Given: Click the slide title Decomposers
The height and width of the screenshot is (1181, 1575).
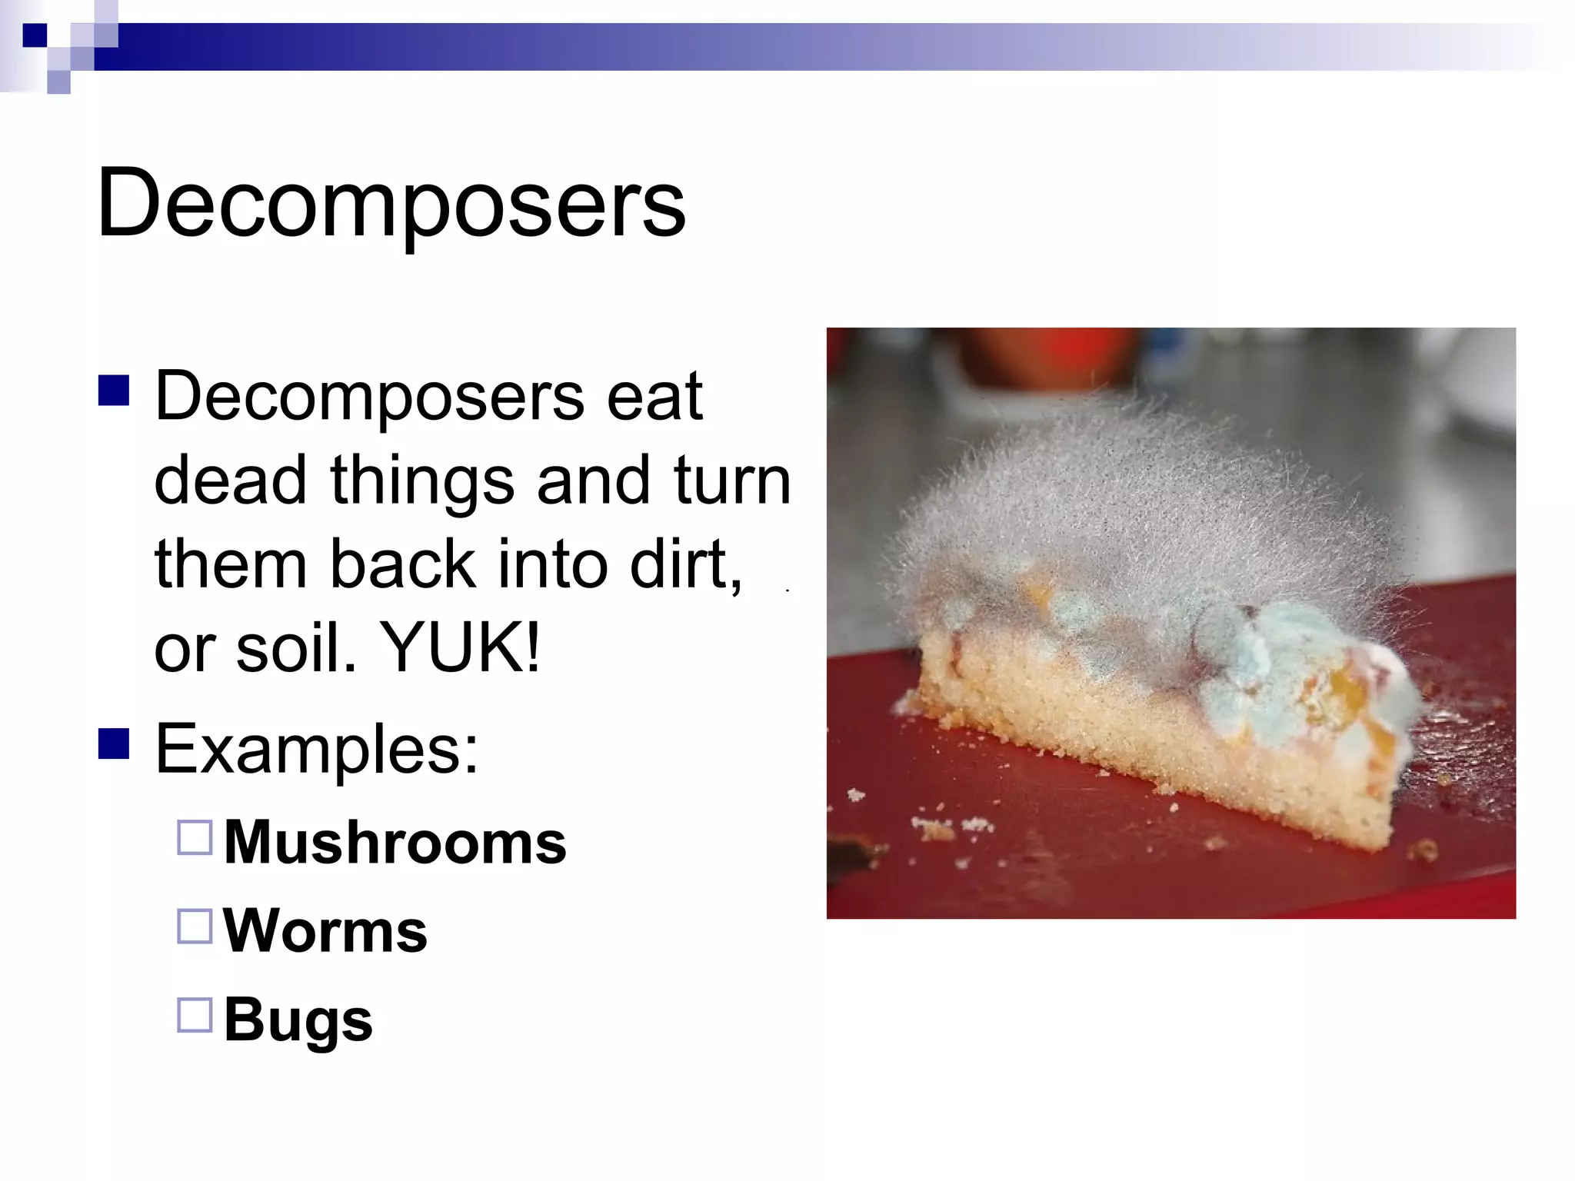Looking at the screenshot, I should coord(391,204).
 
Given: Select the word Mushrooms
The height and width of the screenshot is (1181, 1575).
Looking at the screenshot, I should coord(395,843).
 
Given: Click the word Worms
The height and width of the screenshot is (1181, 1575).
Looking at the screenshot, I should coord(325,931).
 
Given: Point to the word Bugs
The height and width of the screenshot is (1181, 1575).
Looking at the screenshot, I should coord(298,1020).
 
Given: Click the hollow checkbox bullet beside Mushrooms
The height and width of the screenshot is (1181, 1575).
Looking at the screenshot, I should coord(195,837).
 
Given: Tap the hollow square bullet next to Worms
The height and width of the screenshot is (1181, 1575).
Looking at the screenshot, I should coord(195,926).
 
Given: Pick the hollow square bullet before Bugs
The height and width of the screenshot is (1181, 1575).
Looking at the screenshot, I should coord(195,1014).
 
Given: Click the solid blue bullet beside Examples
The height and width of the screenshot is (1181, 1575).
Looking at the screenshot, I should coord(114,744).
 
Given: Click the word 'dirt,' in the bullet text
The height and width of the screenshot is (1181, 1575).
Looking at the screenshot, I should coord(686,564).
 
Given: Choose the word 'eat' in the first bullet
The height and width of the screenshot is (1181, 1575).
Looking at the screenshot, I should coord(654,397).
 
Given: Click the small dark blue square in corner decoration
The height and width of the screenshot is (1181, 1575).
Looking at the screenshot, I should coord(35,35).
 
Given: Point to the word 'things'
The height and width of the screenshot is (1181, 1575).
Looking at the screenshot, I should coord(421,481).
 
